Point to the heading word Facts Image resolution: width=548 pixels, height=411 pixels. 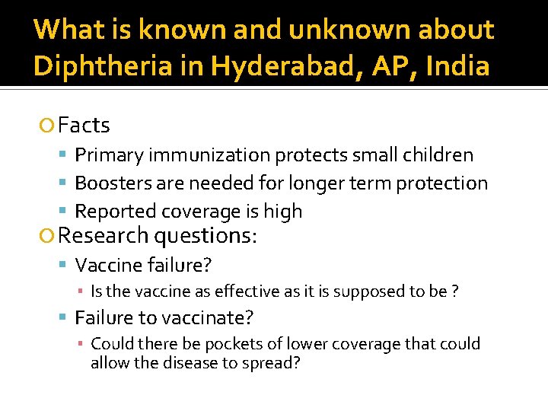click(84, 125)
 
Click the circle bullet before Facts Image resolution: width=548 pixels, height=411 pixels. click(49, 126)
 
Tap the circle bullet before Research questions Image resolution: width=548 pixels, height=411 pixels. click(49, 237)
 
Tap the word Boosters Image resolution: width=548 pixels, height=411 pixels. click(112, 183)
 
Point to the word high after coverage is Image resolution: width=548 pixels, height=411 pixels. click(283, 212)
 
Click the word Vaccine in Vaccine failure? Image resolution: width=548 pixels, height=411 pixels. click(106, 265)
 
